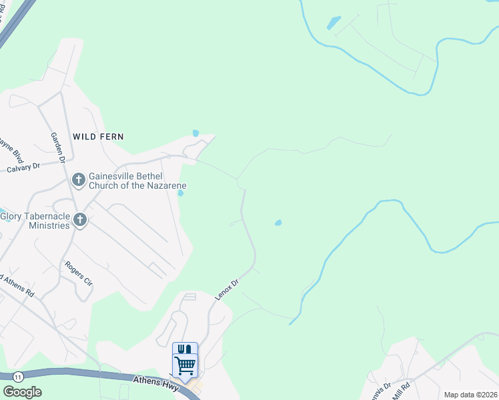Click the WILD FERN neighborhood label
99,136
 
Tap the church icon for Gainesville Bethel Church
78,179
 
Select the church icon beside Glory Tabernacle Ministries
80,220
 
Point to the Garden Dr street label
57,147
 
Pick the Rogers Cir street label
78,273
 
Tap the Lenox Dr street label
227,288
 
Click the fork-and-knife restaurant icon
185,349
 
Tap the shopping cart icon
185,365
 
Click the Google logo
22,392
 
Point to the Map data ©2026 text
470,395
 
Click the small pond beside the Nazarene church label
181,193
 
